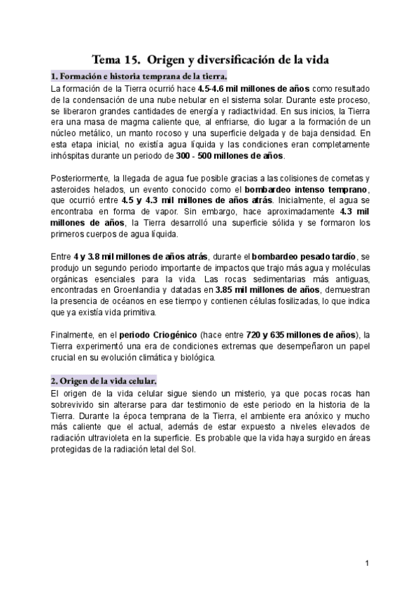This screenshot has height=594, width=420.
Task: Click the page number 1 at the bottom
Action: click(366, 563)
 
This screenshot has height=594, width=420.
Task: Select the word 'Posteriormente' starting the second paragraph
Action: click(80, 179)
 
